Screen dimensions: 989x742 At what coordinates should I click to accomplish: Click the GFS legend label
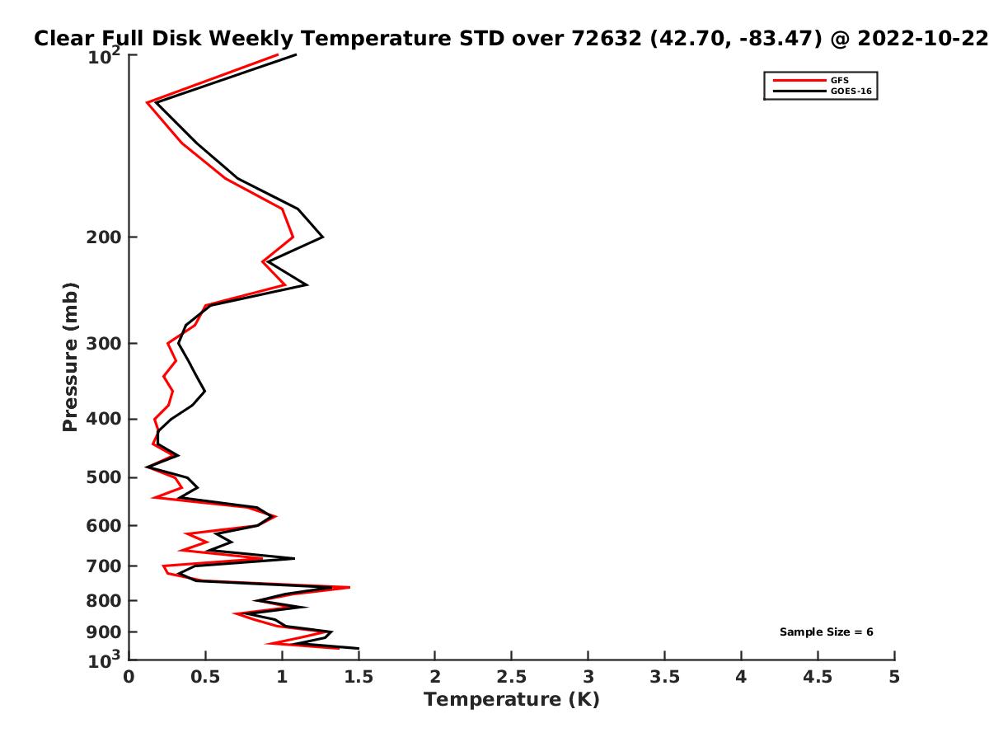(x=839, y=80)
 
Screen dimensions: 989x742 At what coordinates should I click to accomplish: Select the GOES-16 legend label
(x=851, y=91)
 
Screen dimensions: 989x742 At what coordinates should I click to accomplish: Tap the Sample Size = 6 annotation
(x=827, y=632)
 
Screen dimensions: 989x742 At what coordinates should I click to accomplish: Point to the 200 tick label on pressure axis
(x=104, y=237)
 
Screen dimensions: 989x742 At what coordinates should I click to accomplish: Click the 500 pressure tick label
(x=104, y=477)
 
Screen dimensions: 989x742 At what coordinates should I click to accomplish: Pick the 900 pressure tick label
(x=104, y=632)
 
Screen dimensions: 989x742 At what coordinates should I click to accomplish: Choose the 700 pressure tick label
(x=104, y=566)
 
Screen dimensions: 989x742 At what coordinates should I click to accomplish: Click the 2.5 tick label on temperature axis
(x=512, y=677)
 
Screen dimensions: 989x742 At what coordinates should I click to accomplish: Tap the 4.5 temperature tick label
(x=818, y=677)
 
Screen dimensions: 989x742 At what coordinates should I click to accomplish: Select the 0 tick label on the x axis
(x=129, y=677)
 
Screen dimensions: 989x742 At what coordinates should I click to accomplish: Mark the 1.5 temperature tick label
(x=359, y=677)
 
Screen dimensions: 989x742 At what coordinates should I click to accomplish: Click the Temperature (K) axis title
(x=512, y=700)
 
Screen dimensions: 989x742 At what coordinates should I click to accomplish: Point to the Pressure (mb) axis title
(x=70, y=357)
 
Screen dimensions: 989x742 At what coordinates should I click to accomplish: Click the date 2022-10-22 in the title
(x=923, y=39)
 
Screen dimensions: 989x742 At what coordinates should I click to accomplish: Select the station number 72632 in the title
(x=606, y=39)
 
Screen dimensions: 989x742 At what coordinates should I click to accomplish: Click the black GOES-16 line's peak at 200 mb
(x=323, y=237)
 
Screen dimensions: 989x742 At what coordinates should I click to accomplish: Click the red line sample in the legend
(x=799, y=80)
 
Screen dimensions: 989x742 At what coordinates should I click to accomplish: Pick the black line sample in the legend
(x=799, y=91)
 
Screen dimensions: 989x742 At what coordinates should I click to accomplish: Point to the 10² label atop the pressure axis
(x=104, y=56)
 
